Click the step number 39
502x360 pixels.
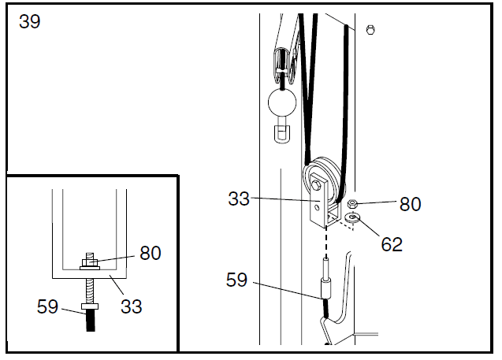[30, 22]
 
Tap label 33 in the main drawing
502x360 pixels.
[239, 199]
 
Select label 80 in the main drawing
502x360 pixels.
[410, 204]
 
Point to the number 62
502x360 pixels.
[392, 244]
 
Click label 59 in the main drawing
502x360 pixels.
[236, 280]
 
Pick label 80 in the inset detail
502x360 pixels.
[151, 253]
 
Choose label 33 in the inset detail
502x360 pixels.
[132, 306]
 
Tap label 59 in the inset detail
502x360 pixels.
[47, 306]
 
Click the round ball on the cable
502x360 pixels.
[282, 102]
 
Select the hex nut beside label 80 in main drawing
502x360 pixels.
[352, 203]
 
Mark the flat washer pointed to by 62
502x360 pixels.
[353, 217]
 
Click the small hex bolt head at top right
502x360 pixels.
[370, 30]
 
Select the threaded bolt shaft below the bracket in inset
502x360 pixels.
[91, 291]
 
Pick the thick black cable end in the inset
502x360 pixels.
[91, 320]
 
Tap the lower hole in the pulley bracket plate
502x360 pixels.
[317, 208]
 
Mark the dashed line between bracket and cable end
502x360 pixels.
[326, 243]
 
